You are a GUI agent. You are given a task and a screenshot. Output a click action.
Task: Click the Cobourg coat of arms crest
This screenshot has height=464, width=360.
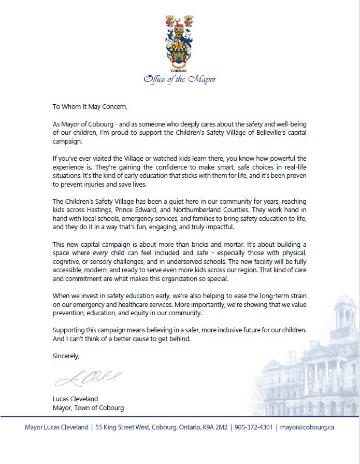coord(179,39)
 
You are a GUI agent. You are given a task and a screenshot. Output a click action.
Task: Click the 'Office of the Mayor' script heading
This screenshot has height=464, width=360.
coord(180,79)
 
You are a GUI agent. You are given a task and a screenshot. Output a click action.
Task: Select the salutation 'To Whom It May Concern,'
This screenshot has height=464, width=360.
coord(90,107)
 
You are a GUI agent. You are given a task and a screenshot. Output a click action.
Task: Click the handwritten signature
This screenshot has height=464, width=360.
coord(88,379)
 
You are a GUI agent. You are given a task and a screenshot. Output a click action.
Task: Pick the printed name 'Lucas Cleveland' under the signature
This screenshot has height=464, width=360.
coord(76,399)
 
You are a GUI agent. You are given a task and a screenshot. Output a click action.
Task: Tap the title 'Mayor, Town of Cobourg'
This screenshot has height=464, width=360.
coord(88,407)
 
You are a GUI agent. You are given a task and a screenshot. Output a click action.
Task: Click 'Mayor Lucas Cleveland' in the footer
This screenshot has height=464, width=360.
coord(56,428)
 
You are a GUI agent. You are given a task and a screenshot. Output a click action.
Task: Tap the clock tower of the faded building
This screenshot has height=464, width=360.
coord(345,316)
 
